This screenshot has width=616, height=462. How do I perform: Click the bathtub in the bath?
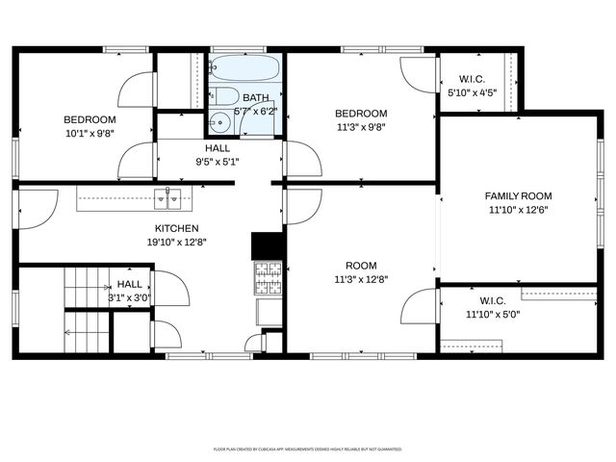pyautogui.click(x=244, y=69)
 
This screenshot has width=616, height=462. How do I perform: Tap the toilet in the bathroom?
pyautogui.click(x=226, y=96)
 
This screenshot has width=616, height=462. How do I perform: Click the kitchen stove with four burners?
pyautogui.click(x=268, y=278)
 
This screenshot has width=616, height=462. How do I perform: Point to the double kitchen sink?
pyautogui.click(x=169, y=199)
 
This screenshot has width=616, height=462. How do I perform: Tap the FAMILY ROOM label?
pyautogui.click(x=518, y=195)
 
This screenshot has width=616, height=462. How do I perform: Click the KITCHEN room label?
pyautogui.click(x=177, y=228)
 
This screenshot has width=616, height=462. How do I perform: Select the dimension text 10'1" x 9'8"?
pyautogui.click(x=89, y=134)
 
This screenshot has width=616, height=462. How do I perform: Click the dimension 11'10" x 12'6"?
pyautogui.click(x=518, y=209)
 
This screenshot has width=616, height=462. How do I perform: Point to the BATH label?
pyautogui.click(x=255, y=98)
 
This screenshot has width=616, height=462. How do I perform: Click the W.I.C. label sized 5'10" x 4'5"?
pyautogui.click(x=471, y=79)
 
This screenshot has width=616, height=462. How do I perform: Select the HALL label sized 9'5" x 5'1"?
pyautogui.click(x=218, y=148)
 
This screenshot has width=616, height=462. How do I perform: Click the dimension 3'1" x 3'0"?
pyautogui.click(x=130, y=298)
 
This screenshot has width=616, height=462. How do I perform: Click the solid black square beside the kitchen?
pyautogui.click(x=267, y=245)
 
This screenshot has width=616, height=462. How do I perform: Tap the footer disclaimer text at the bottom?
pyautogui.click(x=307, y=449)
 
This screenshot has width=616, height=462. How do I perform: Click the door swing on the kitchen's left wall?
pyautogui.click(x=37, y=211)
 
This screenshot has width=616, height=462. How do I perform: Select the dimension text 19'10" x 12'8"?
pyautogui.click(x=177, y=243)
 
